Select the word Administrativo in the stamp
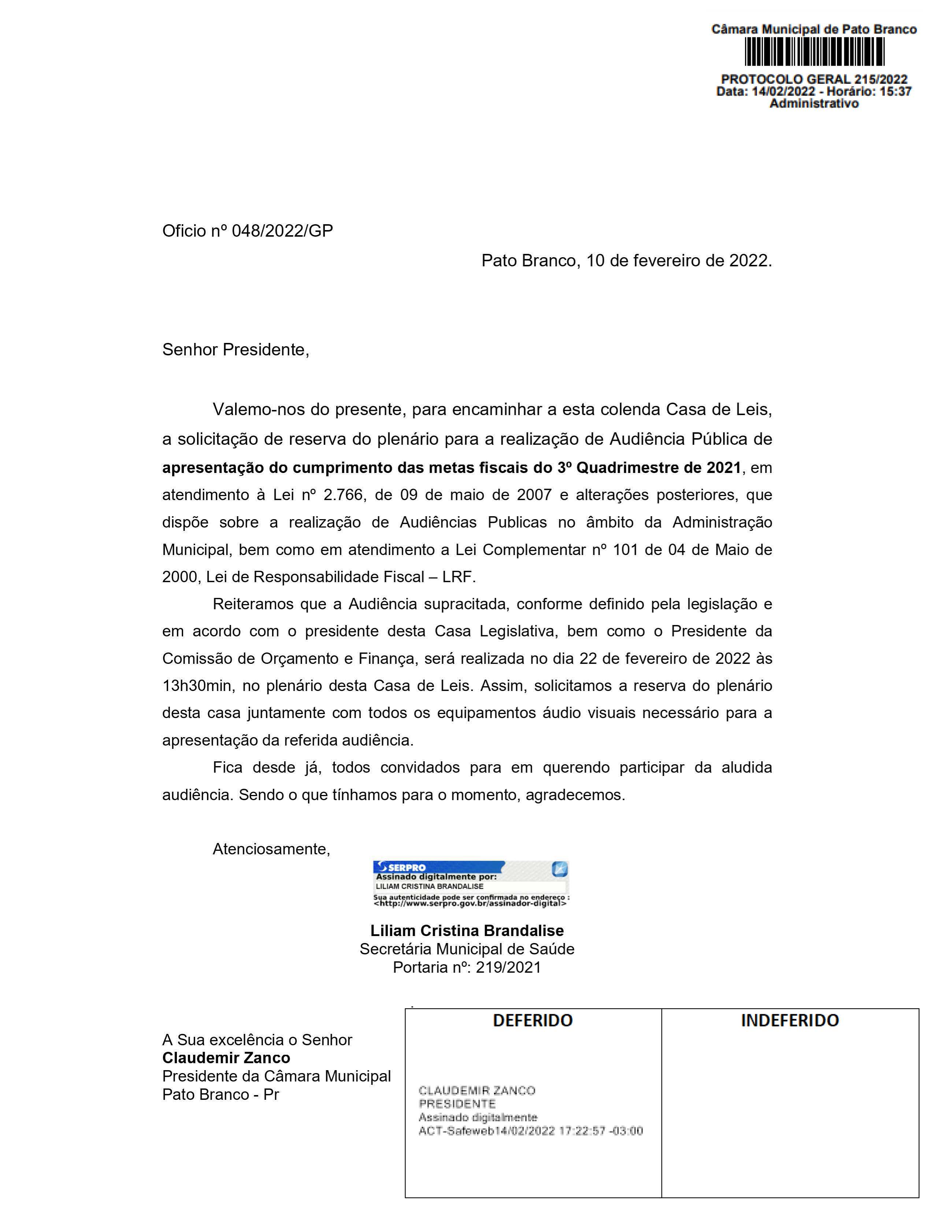pos(814,104)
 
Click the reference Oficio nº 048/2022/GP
pos(247,231)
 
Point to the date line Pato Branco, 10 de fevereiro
pos(626,261)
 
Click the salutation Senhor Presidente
pos(235,350)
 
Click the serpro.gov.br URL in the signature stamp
pos(470,903)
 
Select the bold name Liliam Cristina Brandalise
pos(467,931)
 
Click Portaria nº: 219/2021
pos(467,967)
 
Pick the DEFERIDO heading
pos(532,1020)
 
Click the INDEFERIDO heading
pos(790,1020)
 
